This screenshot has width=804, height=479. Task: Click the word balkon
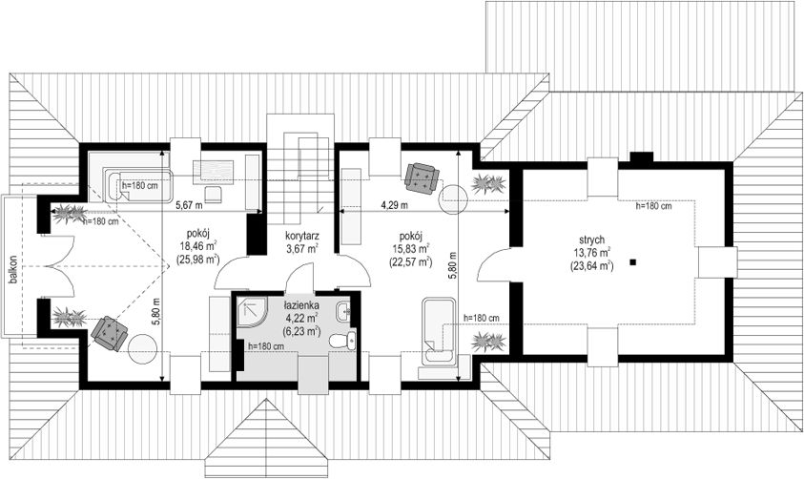pyautogui.click(x=12, y=269)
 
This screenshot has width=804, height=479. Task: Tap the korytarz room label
pyautogui.click(x=302, y=237)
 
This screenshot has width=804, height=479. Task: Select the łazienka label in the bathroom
pyautogui.click(x=301, y=305)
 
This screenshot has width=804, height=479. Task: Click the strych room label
pyautogui.click(x=591, y=239)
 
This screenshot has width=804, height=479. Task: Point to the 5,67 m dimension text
pyautogui.click(x=189, y=205)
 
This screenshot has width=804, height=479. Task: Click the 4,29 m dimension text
pyautogui.click(x=394, y=205)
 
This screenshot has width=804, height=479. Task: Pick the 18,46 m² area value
pyautogui.click(x=197, y=245)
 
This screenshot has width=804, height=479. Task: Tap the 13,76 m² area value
pyautogui.click(x=591, y=252)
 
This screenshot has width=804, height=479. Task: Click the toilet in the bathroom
pyautogui.click(x=341, y=340)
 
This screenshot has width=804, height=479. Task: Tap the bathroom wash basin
pyautogui.click(x=343, y=310)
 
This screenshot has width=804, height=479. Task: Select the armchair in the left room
pyautogui.click(x=110, y=333)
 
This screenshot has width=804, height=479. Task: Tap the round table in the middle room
pyautogui.click(x=454, y=198)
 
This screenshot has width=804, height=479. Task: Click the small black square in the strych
pyautogui.click(x=634, y=262)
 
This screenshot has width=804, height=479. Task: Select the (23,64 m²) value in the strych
pyautogui.click(x=591, y=265)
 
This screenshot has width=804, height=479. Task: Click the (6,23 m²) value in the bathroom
pyautogui.click(x=301, y=331)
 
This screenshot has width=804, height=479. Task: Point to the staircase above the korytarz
pyautogui.click(x=299, y=169)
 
